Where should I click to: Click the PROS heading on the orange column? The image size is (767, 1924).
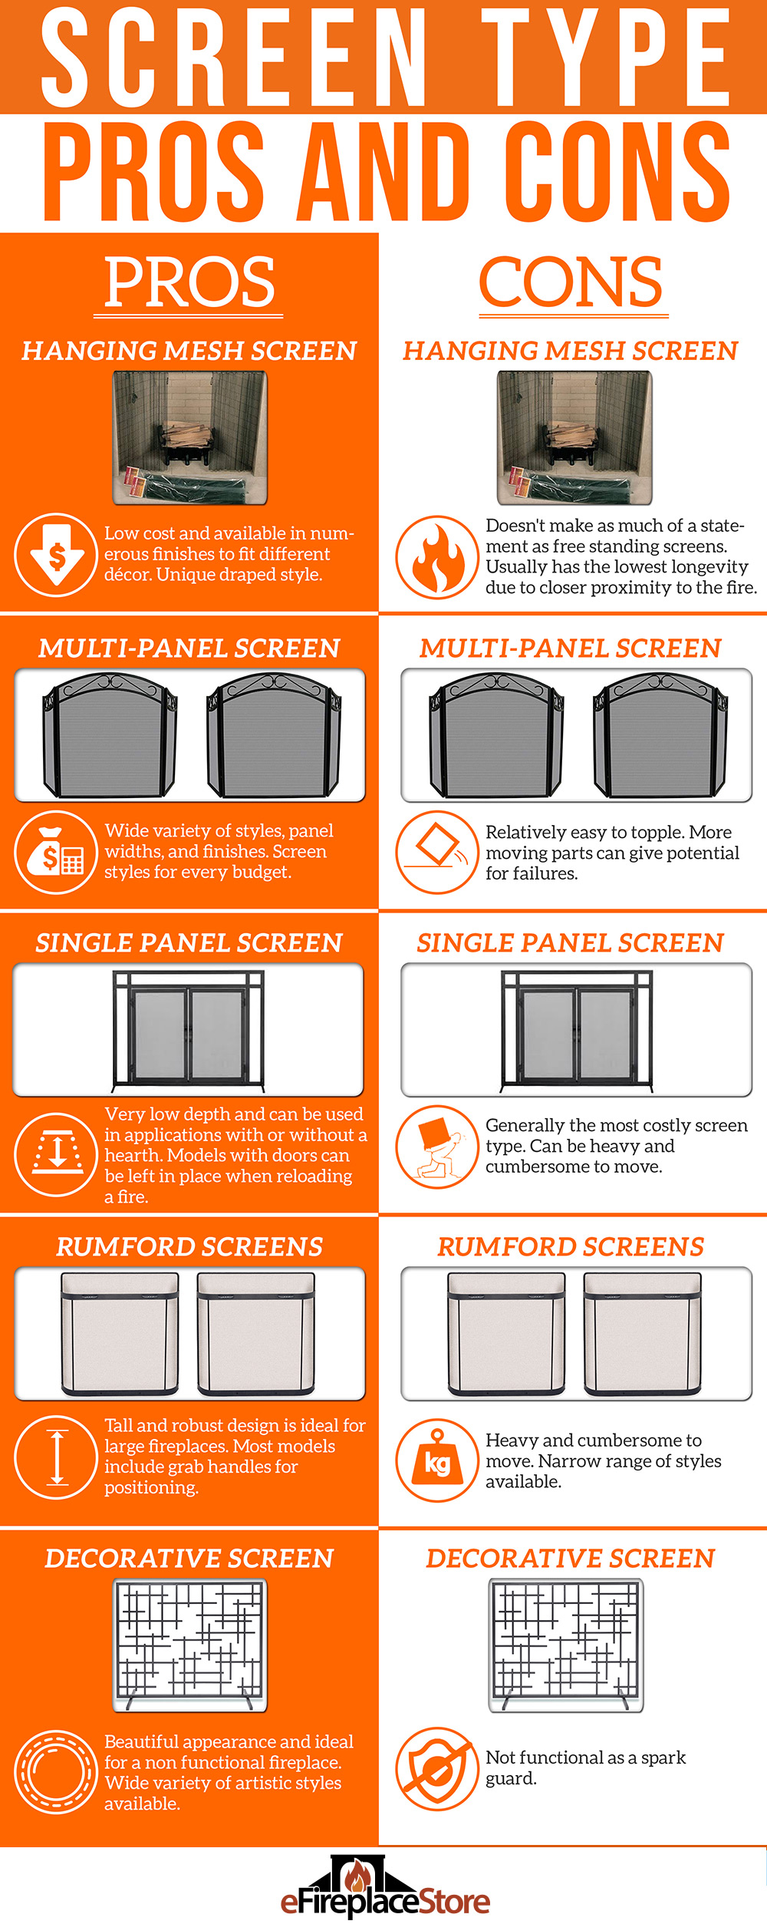coord(189,282)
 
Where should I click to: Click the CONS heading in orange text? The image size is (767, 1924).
coord(571,282)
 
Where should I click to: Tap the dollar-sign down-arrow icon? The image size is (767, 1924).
coord(56,555)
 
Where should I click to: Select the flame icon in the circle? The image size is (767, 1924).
coord(437,556)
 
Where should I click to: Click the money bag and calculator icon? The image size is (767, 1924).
coord(56,852)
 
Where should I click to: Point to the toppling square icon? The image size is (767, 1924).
coord(437,852)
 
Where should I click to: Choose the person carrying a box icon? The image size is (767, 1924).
coord(437,1147)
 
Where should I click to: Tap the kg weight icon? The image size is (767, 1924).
coord(437,1460)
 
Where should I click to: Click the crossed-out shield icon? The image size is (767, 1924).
coord(437,1769)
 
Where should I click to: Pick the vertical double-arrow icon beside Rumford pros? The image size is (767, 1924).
coord(56,1457)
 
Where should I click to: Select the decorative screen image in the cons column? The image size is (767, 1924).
coord(566,1645)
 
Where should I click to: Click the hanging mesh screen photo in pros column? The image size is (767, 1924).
coord(190,437)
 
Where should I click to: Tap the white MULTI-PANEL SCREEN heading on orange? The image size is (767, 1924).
coord(189,648)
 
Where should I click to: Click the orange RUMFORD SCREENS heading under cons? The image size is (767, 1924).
coord(571,1247)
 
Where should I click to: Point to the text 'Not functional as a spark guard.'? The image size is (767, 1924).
coord(584,1767)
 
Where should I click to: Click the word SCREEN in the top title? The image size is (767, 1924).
coord(234,58)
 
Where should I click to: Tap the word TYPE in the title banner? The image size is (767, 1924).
coord(606,58)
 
